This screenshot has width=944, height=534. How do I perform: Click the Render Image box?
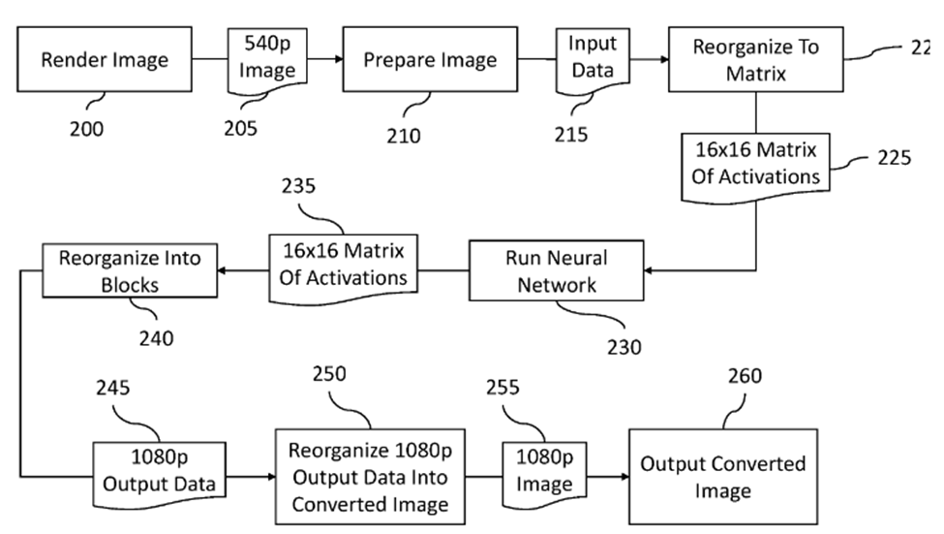[x=104, y=60]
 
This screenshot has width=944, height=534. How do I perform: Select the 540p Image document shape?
[x=266, y=58]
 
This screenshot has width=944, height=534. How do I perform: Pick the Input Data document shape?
[x=592, y=57]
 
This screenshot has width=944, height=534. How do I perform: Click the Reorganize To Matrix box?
[x=755, y=59]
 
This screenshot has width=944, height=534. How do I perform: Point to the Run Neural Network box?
[x=556, y=271]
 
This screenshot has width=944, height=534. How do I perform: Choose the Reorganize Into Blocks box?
[x=129, y=270]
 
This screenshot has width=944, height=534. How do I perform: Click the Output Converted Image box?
[x=722, y=477]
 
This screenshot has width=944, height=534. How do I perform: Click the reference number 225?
[x=893, y=158]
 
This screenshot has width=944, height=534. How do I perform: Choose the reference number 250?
[x=333, y=374]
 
